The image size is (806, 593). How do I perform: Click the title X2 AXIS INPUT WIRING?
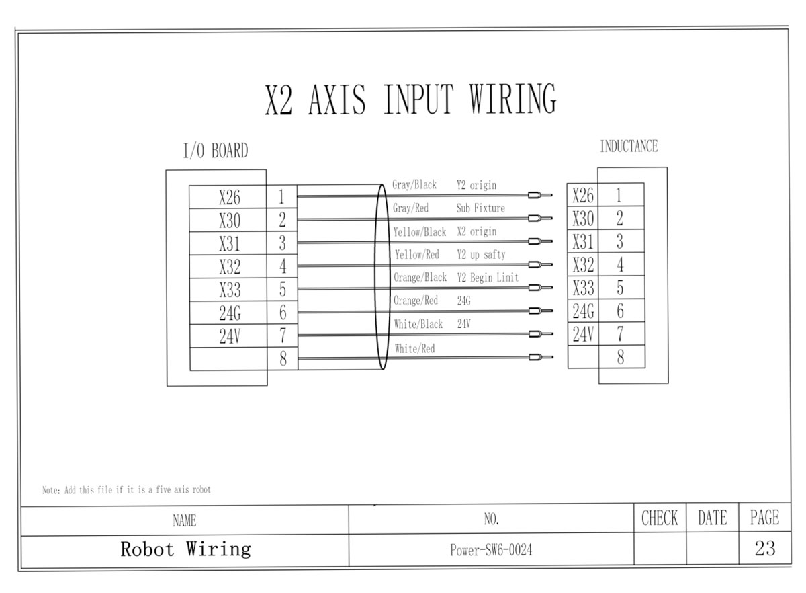tap(410, 101)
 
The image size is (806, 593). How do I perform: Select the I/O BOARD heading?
tap(216, 152)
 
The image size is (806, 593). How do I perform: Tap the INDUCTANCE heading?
tap(629, 147)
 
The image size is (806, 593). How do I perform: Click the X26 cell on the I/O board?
tap(229, 198)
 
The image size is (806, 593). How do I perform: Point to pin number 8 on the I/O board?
tap(283, 360)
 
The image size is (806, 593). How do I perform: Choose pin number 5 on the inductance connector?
tap(620, 288)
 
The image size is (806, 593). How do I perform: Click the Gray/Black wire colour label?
tap(414, 185)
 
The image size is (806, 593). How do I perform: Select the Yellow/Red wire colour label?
tap(416, 255)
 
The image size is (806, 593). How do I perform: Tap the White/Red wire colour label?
tap(415, 348)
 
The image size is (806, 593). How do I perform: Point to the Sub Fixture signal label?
tap(480, 208)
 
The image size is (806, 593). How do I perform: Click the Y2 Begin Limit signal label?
tap(487, 278)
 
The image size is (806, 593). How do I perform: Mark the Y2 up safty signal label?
tap(481, 255)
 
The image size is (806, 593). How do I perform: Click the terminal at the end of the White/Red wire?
tap(539, 358)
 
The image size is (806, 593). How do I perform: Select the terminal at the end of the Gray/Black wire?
tap(539, 196)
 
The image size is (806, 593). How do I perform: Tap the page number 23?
tap(764, 549)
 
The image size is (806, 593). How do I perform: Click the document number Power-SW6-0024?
tap(491, 551)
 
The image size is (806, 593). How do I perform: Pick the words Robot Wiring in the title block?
tap(185, 549)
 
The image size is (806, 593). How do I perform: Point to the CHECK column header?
tap(660, 518)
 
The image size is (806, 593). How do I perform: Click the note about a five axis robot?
tap(126, 490)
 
